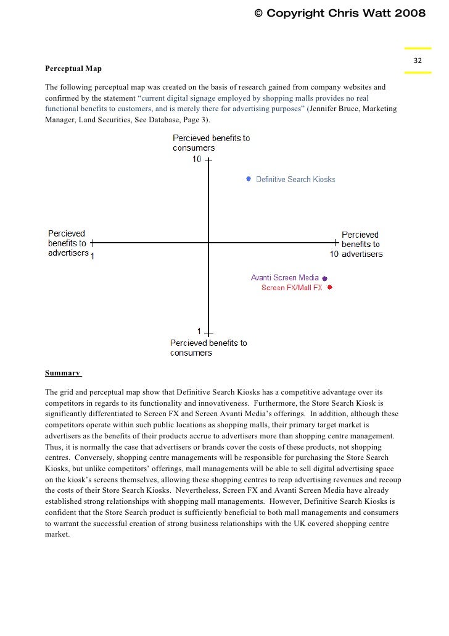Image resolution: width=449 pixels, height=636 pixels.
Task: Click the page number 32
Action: click(418, 61)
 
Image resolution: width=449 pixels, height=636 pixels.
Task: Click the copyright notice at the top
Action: click(340, 14)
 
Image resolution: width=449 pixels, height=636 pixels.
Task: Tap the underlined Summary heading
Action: click(63, 373)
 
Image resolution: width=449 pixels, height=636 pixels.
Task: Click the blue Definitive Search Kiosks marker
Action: click(249, 179)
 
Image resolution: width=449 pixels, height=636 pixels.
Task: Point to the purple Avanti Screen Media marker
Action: click(324, 278)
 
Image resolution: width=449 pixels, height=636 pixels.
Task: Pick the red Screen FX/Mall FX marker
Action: click(330, 288)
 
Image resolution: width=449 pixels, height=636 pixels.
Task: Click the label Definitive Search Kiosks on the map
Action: click(295, 180)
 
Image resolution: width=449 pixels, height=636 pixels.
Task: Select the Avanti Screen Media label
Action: click(284, 278)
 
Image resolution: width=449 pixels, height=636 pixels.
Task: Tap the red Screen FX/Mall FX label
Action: click(292, 288)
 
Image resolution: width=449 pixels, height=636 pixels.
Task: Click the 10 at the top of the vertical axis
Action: click(196, 159)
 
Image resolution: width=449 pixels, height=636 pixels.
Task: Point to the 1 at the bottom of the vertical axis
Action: click(199, 331)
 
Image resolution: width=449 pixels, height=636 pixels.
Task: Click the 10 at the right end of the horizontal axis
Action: click(334, 254)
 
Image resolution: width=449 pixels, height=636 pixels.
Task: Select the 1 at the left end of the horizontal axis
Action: click(93, 256)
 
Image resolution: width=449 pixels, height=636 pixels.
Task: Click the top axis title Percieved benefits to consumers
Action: click(211, 143)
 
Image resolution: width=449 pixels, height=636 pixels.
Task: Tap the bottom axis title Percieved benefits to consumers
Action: click(208, 348)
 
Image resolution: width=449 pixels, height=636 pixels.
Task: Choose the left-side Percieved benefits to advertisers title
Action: click(68, 243)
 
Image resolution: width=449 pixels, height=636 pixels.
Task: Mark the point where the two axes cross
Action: click(209, 243)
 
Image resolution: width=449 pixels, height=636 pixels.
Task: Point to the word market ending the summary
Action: click(58, 535)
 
